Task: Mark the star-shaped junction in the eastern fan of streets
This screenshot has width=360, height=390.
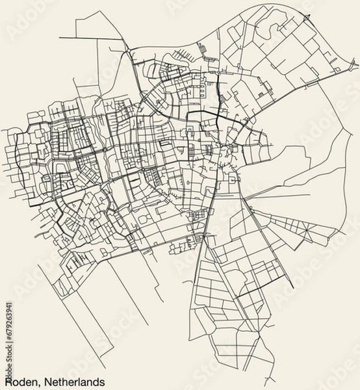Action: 302,229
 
